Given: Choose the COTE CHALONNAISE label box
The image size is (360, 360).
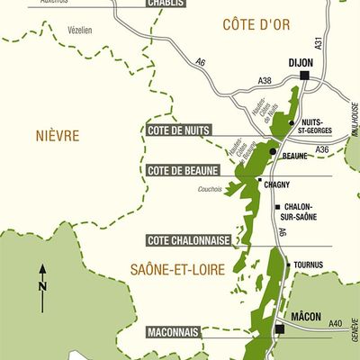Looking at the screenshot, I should coord(188,240).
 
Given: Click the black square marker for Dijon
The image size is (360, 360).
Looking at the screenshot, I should coord(305,76).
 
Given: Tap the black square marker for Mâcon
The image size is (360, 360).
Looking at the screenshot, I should coord(280,330).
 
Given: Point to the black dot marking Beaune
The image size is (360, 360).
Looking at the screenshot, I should coord(273,151).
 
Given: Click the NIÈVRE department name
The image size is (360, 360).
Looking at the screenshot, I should coord(58,136).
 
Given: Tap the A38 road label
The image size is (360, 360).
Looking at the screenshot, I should coord(265,81).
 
